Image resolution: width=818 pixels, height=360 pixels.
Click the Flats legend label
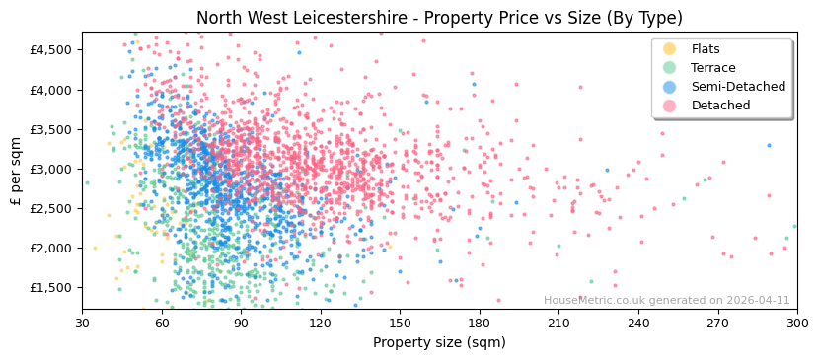coord(706,49)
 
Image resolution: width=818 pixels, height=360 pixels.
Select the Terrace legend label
coord(712,68)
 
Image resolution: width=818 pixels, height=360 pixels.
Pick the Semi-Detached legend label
coord(738,87)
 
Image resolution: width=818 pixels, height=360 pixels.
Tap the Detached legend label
coord(720,106)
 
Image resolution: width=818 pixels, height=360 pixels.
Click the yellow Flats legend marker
coord(670,49)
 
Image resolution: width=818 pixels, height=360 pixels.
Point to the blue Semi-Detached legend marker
coord(670,87)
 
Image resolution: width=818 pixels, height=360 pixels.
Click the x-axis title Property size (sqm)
coord(439,343)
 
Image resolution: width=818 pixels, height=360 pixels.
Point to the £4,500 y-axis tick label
coord(51,50)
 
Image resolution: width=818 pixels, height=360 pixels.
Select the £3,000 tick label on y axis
coord(51,169)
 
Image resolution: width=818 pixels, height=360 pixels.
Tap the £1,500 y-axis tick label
coord(51,287)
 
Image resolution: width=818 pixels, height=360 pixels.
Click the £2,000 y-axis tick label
coord(51,248)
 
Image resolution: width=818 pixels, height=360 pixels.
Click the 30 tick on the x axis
coord(82,323)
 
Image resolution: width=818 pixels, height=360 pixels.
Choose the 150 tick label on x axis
coord(400,323)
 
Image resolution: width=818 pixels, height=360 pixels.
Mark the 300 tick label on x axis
coord(797,323)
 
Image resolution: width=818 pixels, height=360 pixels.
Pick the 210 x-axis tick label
coord(558,323)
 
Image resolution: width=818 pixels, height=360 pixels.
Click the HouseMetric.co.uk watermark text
coord(666,301)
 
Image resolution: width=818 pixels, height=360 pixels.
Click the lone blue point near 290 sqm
coord(770,146)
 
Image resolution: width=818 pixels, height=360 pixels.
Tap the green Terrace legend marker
coord(670,68)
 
